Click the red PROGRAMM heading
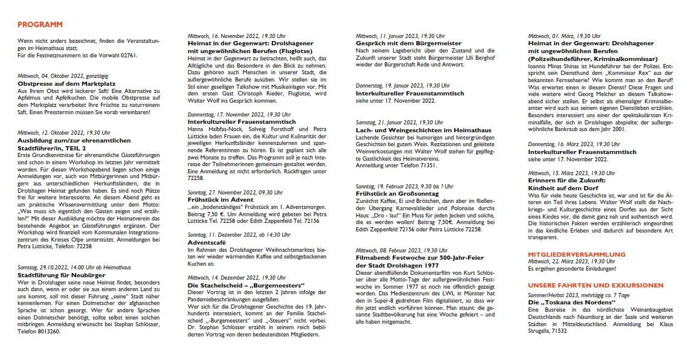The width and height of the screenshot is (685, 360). tap(40, 24)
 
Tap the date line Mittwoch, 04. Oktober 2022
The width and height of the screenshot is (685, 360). tap(63, 76)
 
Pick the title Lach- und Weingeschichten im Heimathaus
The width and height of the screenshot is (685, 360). tap(423, 130)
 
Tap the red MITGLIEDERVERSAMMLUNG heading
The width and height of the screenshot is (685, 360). tap(576, 254)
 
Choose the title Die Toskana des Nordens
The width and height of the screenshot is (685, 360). tap(564, 301)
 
